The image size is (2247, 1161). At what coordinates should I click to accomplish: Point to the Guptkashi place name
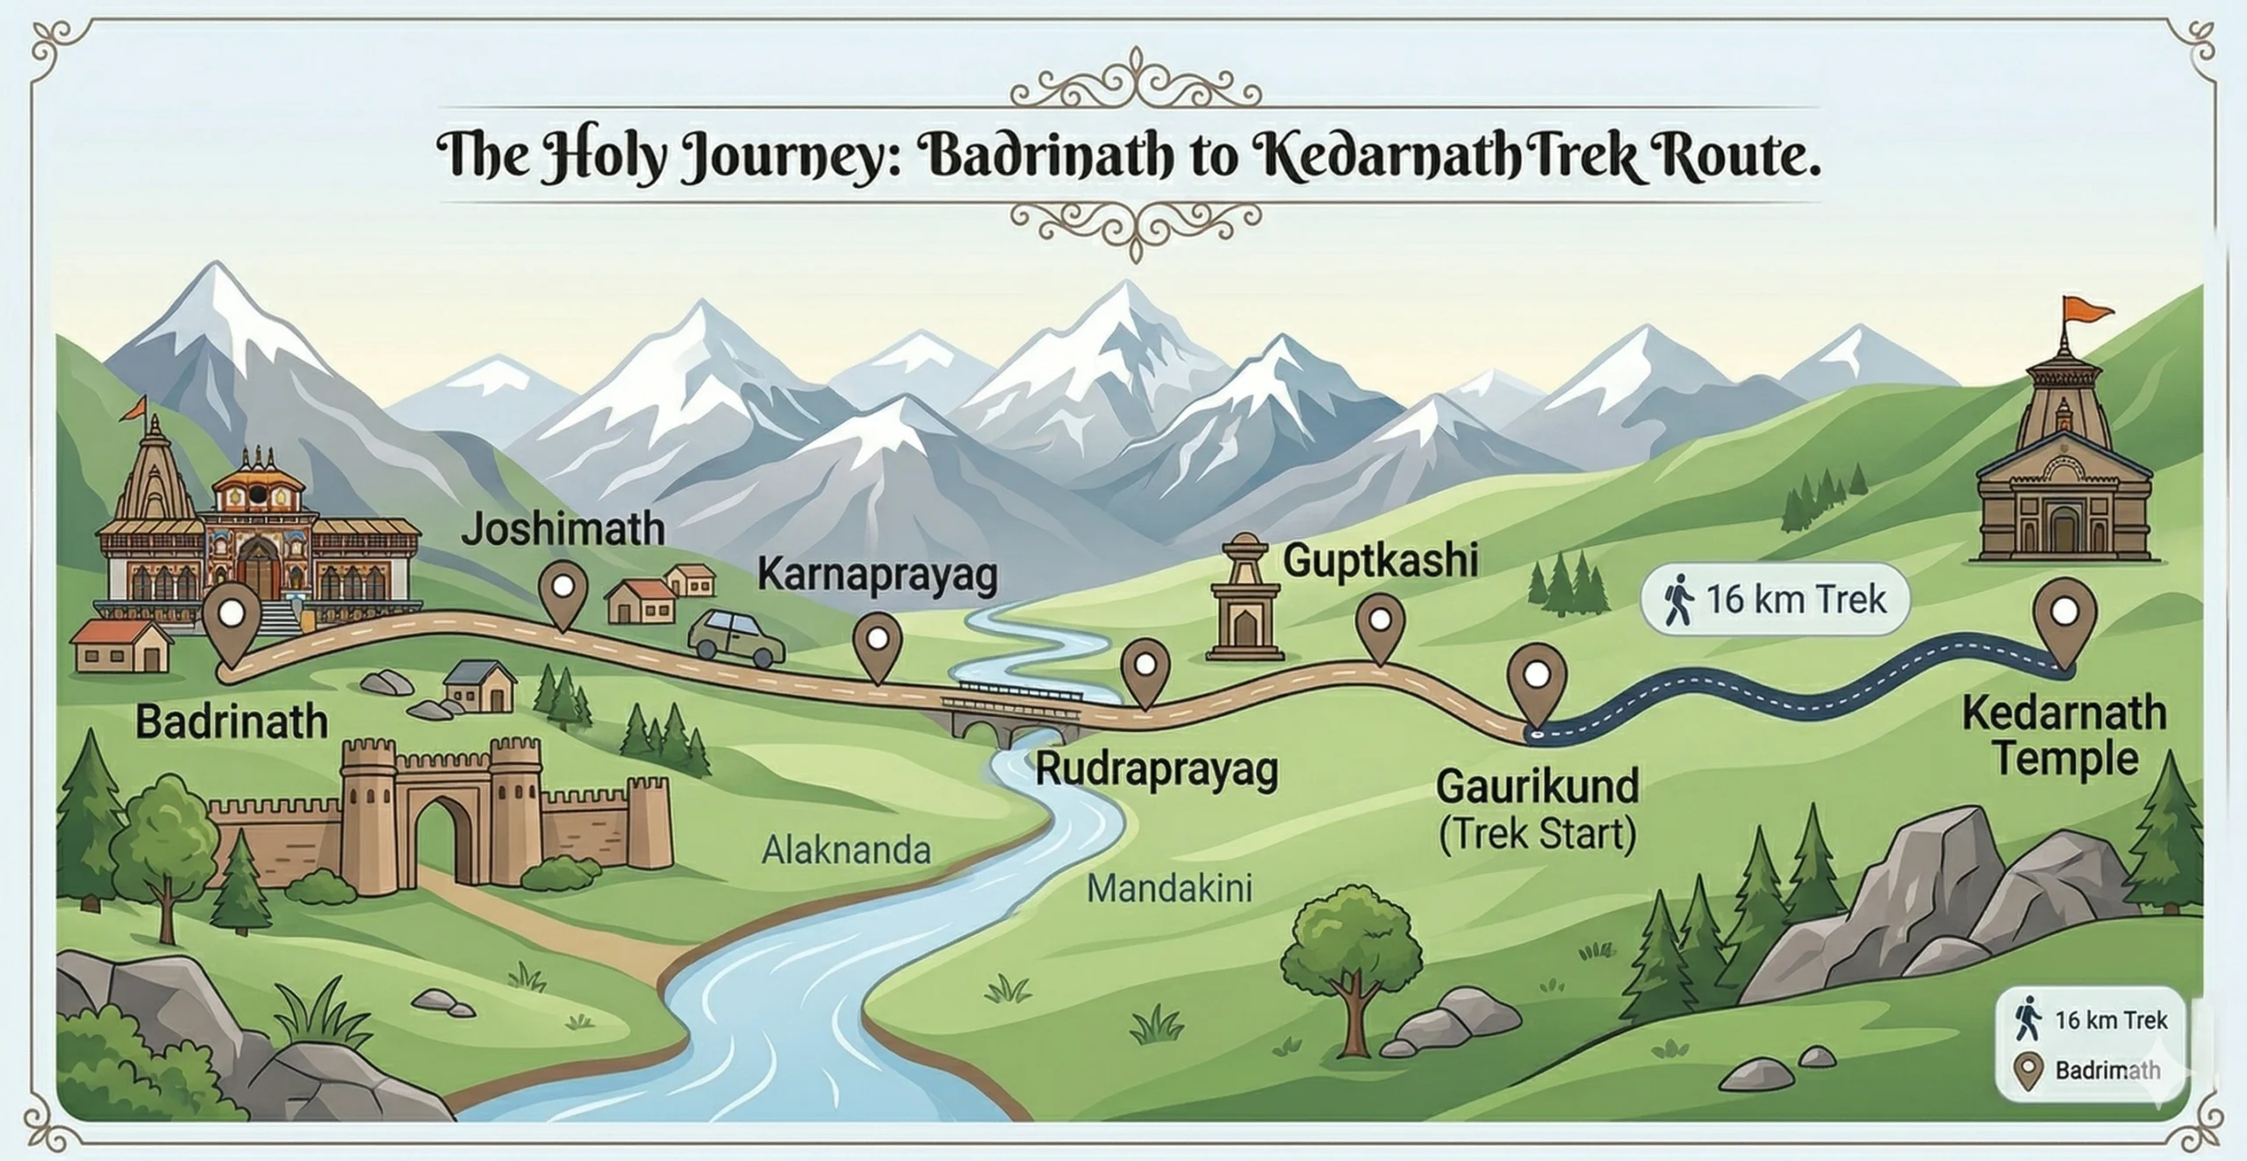point(1380,560)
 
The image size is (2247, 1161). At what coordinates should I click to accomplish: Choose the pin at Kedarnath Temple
point(2064,613)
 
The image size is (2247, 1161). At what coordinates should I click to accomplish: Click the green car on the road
point(736,638)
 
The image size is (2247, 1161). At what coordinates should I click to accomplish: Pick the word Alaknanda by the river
point(845,850)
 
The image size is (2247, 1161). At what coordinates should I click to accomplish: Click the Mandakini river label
point(1169,889)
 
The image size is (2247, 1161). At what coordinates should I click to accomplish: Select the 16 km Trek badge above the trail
point(1775,600)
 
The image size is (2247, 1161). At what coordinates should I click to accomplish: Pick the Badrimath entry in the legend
point(2107,1071)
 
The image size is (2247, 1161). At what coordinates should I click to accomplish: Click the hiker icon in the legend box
point(2027,1019)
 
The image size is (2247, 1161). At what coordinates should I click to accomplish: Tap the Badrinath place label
point(231,722)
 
